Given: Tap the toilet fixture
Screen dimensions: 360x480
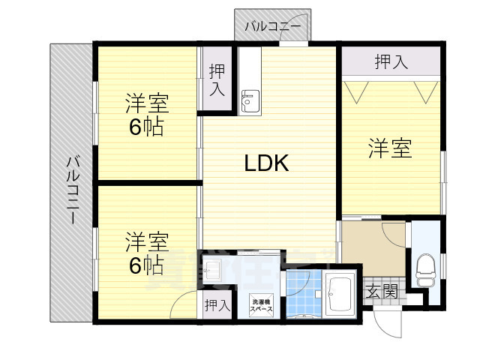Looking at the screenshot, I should click(x=424, y=270).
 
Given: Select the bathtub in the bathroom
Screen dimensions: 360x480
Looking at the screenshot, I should click(x=341, y=295).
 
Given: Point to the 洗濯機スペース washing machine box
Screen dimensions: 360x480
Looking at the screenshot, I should click(x=261, y=304).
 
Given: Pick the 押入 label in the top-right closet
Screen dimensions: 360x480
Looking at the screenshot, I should click(x=391, y=61).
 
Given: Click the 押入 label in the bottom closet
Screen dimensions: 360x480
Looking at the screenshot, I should click(x=217, y=306).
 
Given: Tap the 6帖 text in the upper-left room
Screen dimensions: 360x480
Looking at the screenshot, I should click(x=146, y=127).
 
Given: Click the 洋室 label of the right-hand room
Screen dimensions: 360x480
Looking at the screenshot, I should click(x=390, y=148).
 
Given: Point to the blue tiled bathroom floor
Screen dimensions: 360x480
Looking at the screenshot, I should click(x=304, y=293).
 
